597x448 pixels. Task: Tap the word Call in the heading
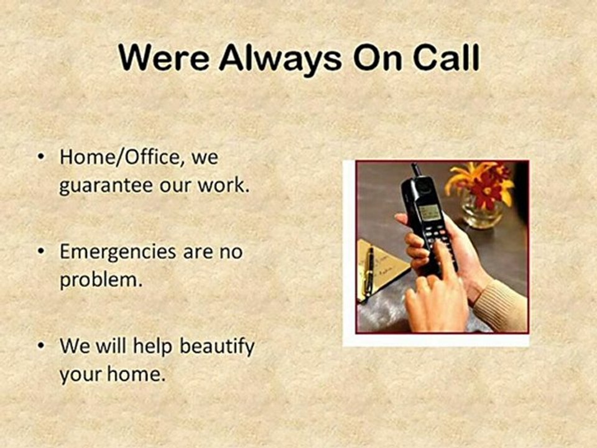tap(442, 59)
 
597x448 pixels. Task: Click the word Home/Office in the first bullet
tap(122, 157)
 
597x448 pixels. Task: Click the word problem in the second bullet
tap(98, 281)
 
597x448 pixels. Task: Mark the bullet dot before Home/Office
tap(41, 157)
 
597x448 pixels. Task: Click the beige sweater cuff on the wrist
tap(501, 306)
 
